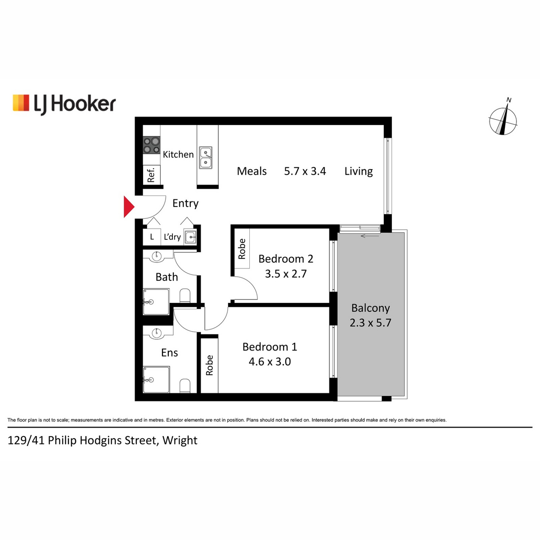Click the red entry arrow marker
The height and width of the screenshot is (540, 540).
(129, 207)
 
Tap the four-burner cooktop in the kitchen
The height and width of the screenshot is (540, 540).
(151, 145)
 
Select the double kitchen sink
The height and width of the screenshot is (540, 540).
(205, 157)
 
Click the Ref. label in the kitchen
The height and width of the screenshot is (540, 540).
(151, 175)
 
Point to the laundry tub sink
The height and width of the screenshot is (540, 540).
(190, 237)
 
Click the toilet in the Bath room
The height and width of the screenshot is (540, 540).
(184, 296)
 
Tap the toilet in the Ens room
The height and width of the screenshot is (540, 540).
(184, 386)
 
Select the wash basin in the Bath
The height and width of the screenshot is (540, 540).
(157, 256)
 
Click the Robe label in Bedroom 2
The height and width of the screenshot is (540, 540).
(242, 249)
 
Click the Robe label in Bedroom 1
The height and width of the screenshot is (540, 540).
(209, 365)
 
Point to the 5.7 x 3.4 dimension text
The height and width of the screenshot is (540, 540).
(305, 171)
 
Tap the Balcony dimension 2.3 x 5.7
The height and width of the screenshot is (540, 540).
(370, 323)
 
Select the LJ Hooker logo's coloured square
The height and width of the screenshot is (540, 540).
(21, 103)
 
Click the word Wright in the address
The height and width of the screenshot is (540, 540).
(180, 440)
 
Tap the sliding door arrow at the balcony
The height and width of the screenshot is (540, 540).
(370, 236)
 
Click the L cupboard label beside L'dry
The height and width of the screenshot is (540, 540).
(152, 237)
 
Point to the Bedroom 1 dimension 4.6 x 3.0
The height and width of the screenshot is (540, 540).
(270, 361)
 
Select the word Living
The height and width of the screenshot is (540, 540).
(358, 171)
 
